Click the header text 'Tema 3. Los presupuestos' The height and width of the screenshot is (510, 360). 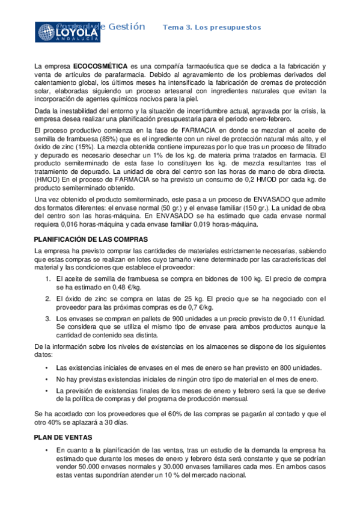[212, 28]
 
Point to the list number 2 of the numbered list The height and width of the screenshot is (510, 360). [48, 299]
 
